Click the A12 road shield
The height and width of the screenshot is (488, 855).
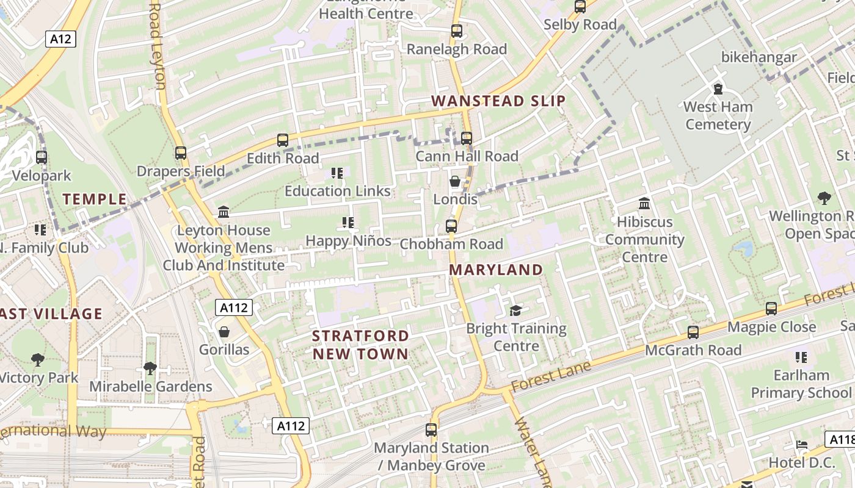[60, 40]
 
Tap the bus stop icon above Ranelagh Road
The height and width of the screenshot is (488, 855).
[456, 31]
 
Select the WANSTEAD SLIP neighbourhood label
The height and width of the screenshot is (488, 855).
[498, 101]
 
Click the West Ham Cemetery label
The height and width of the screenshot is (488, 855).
[718, 115]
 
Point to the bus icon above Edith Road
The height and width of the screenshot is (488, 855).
[282, 140]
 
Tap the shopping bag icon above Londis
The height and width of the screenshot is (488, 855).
[455, 181]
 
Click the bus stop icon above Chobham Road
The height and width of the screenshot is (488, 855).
[451, 226]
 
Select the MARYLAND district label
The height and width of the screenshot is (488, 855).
[496, 270]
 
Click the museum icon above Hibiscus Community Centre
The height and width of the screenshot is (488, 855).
[644, 204]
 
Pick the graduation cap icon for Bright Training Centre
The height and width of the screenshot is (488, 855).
[516, 310]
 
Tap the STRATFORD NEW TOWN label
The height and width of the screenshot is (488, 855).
[360, 345]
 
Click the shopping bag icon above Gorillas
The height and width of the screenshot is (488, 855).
[224, 332]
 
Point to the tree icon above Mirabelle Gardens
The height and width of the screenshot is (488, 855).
[150, 368]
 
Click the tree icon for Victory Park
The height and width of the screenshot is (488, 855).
[38, 360]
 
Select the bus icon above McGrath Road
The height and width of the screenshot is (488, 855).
[693, 332]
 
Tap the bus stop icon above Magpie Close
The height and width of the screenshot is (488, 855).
[771, 309]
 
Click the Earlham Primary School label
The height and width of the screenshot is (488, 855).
[801, 384]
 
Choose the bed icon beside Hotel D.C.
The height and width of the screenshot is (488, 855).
[802, 444]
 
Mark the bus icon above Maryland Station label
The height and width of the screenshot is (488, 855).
[431, 430]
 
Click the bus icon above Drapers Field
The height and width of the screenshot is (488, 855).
[180, 153]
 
